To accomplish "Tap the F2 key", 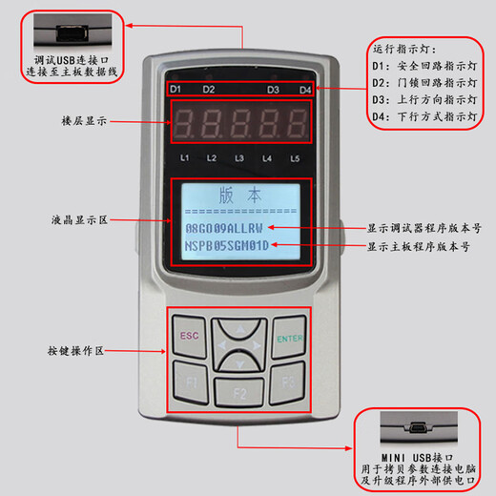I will pyautogui.click(x=239, y=391).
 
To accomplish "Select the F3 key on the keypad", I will pyautogui.click(x=288, y=383).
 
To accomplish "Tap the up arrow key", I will pyautogui.click(x=239, y=330).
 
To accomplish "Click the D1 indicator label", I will pyautogui.click(x=176, y=90).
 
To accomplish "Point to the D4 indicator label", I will pyautogui.click(x=305, y=91).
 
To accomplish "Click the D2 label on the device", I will pyautogui.click(x=208, y=90).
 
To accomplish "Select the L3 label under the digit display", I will pyautogui.click(x=239, y=157).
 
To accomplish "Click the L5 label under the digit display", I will pyautogui.click(x=297, y=157).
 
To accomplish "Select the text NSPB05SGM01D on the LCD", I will pyautogui.click(x=227, y=246).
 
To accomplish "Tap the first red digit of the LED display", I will pyautogui.click(x=185, y=123).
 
